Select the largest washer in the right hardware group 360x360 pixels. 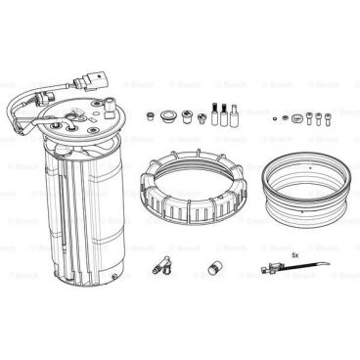point(295,120)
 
